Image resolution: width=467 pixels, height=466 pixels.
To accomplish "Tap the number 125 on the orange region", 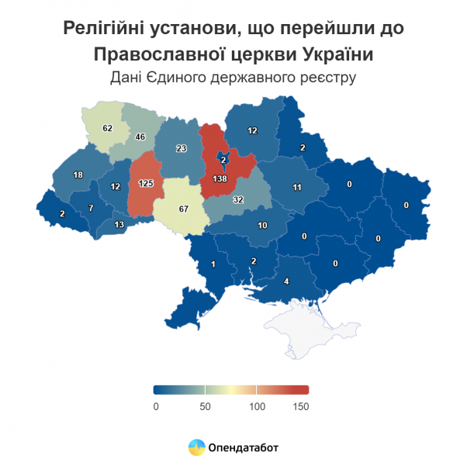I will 145,184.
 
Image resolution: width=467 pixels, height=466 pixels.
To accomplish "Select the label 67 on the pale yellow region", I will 184,209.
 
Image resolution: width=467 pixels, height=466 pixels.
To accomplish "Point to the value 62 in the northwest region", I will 108,127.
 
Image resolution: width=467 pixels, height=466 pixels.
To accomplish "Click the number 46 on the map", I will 140,137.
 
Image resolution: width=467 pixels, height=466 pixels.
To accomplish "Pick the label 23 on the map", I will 182,149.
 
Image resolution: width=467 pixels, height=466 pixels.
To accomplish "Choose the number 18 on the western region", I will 78,175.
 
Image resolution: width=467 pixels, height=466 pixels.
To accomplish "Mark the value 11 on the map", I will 296,187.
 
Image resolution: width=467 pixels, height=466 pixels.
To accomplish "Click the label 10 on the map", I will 263,226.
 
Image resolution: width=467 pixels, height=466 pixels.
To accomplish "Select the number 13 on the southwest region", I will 119,225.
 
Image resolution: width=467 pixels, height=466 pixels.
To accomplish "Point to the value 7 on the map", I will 91,208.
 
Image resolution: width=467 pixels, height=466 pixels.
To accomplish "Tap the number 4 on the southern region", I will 287,281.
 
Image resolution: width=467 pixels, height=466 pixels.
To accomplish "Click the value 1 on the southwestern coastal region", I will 213,265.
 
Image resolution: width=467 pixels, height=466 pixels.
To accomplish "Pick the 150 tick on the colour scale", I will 301,406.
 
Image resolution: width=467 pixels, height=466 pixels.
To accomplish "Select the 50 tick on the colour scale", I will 206,406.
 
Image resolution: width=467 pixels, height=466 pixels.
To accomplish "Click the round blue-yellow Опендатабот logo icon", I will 196,447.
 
